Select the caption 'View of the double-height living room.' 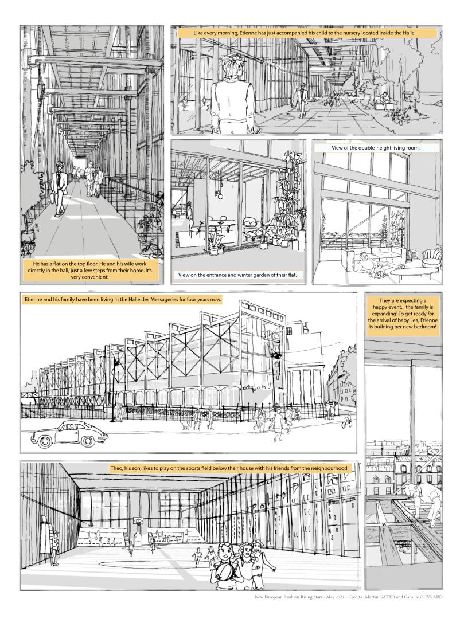tap(376, 148)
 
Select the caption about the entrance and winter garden tap(237, 275)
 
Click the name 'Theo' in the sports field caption tap(116, 468)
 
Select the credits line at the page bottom tap(349, 597)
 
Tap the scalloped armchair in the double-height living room tap(431, 257)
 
